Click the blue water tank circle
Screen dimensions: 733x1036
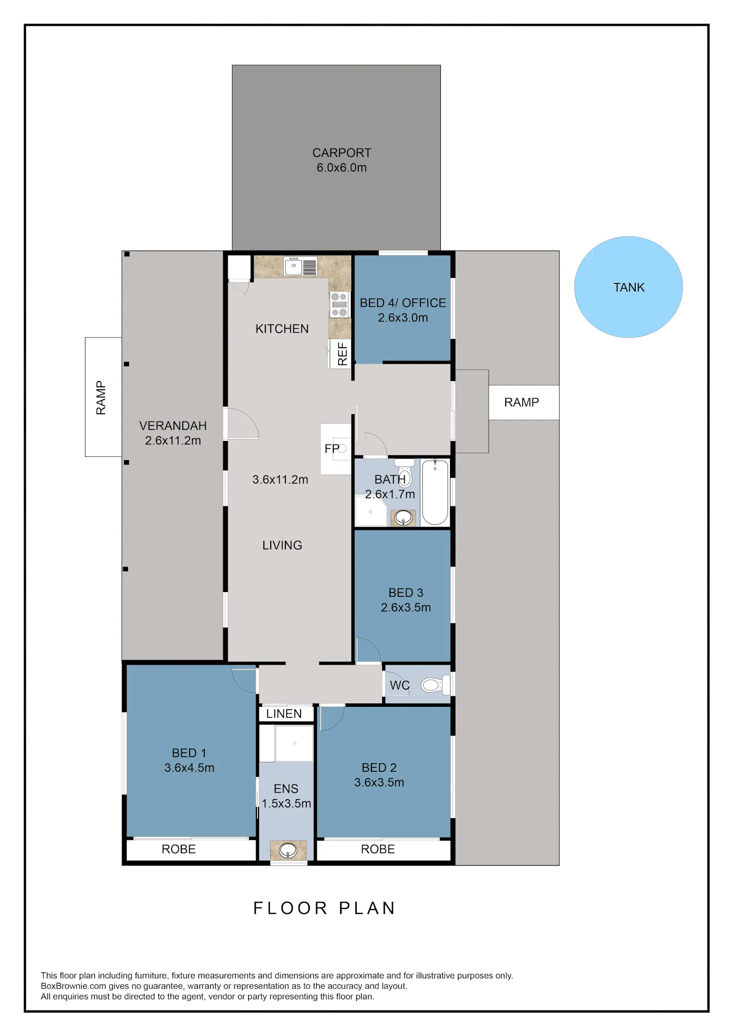pyautogui.click(x=628, y=287)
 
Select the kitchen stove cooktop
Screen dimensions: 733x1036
pyautogui.click(x=340, y=304)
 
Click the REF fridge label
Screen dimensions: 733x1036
pyautogui.click(x=342, y=354)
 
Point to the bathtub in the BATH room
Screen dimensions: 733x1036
pyautogui.click(x=435, y=492)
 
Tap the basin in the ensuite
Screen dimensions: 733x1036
pyautogui.click(x=288, y=850)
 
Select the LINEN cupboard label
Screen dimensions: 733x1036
pyautogui.click(x=284, y=714)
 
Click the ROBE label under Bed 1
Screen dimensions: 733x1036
pyautogui.click(x=179, y=849)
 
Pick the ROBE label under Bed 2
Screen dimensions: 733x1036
pyautogui.click(x=378, y=849)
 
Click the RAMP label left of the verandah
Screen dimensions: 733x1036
pyautogui.click(x=101, y=398)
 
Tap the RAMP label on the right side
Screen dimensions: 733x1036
pyautogui.click(x=521, y=402)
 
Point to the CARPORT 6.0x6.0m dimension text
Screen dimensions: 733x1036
pyautogui.click(x=342, y=168)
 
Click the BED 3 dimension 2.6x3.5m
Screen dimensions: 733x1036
pyautogui.click(x=406, y=607)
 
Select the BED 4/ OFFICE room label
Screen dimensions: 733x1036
pyautogui.click(x=403, y=303)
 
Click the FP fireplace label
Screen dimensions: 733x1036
pyautogui.click(x=332, y=448)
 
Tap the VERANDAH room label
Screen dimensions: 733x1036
pyautogui.click(x=173, y=425)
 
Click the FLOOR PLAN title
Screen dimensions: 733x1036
pyautogui.click(x=324, y=908)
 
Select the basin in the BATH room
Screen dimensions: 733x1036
pyautogui.click(x=403, y=517)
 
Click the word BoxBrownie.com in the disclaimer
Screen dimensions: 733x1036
pyautogui.click(x=73, y=986)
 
